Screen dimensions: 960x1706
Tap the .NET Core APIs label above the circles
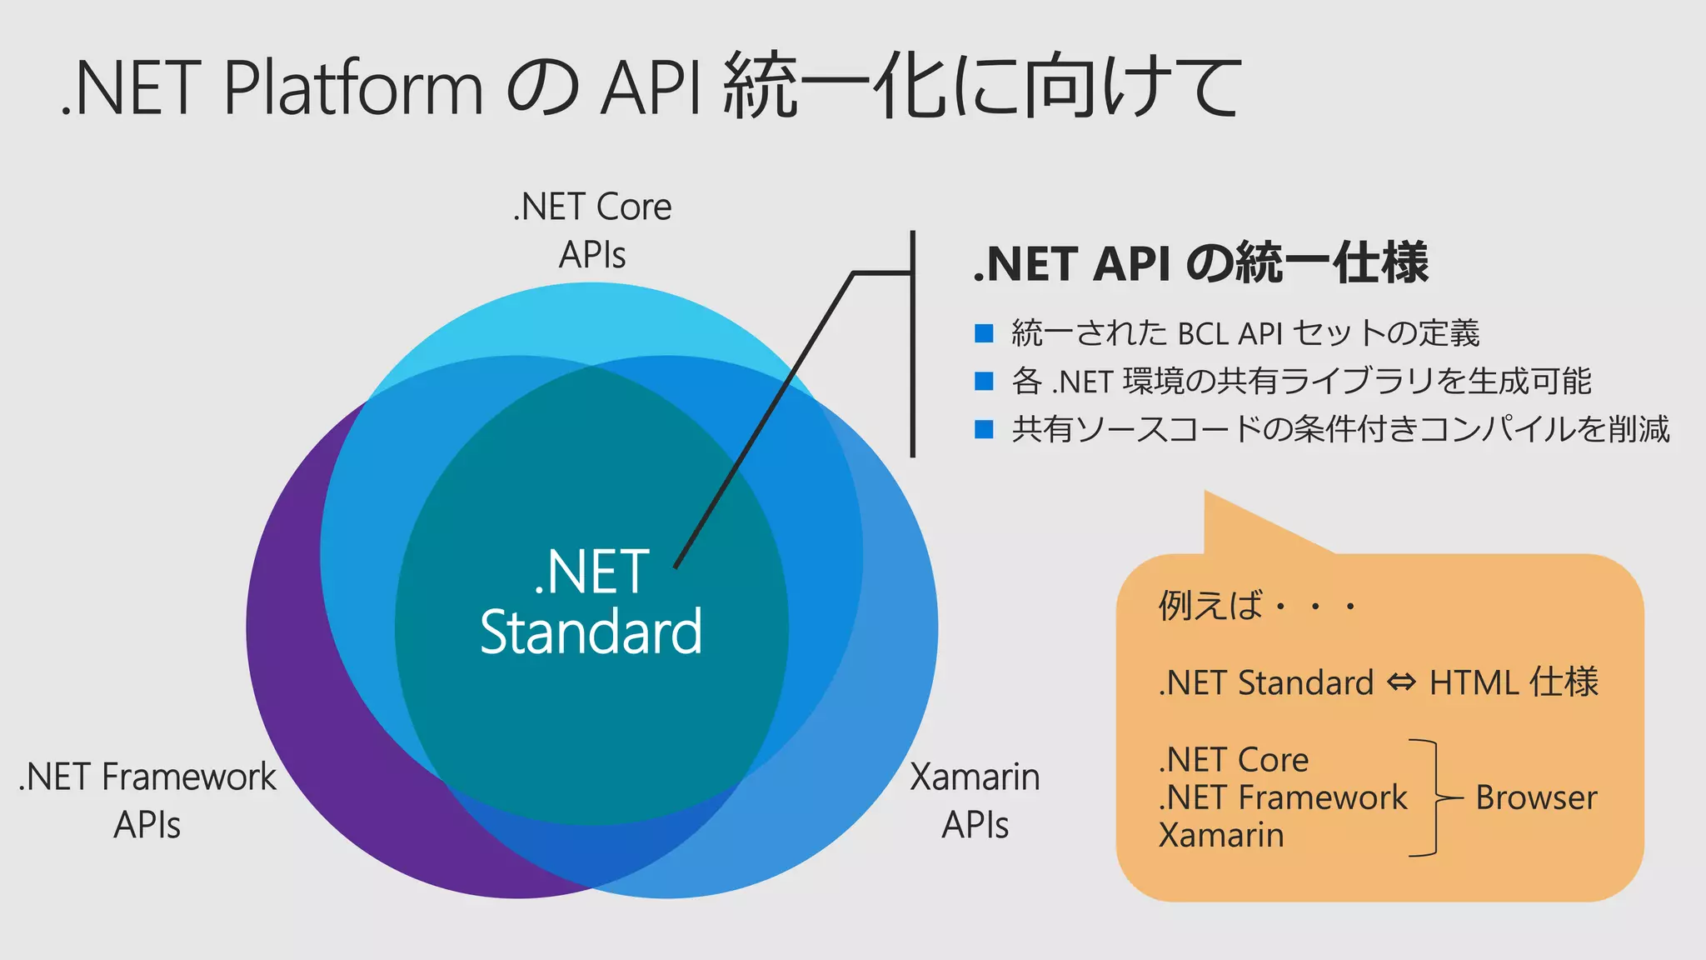coord(591,230)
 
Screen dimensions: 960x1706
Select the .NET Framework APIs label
coord(147,800)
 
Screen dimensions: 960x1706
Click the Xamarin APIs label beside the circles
coord(975,800)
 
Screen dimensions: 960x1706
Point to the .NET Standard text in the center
coord(591,602)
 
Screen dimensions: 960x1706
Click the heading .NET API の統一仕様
coord(1200,263)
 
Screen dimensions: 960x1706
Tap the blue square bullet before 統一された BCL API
coord(984,333)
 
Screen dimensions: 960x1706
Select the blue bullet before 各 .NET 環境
coord(984,382)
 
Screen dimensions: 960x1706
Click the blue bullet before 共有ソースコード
coord(984,430)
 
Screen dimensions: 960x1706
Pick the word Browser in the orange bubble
coord(1536,798)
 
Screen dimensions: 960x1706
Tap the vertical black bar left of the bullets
coord(913,343)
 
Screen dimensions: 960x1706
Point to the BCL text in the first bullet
coord(1203,334)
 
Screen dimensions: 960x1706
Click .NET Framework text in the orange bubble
coord(1282,798)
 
